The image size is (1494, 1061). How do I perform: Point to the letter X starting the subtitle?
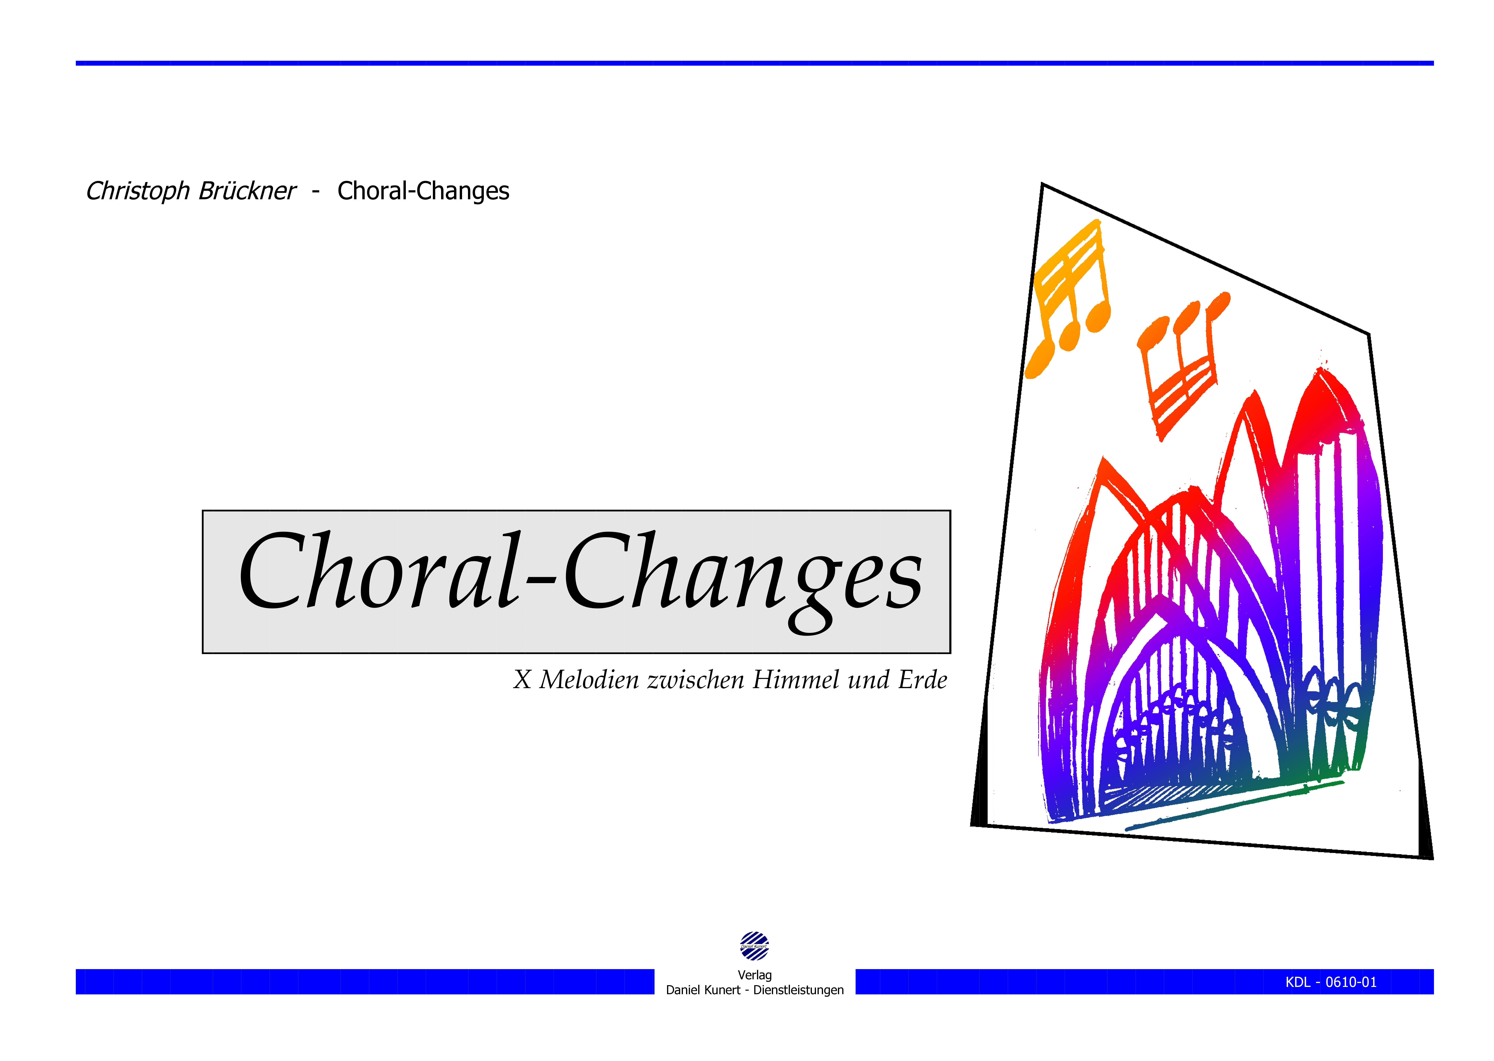[x=522, y=680]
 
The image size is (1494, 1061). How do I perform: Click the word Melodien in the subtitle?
[x=589, y=680]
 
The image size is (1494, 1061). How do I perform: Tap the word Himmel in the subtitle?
[x=796, y=680]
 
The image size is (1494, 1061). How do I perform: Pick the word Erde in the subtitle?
[x=922, y=680]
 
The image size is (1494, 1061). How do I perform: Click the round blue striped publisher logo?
[x=754, y=946]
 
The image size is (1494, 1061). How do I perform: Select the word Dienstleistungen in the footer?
[x=798, y=990]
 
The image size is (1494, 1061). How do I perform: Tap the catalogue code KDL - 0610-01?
[x=1331, y=982]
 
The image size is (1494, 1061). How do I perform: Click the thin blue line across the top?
[x=754, y=63]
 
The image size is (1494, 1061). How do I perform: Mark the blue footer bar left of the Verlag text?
[x=365, y=981]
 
